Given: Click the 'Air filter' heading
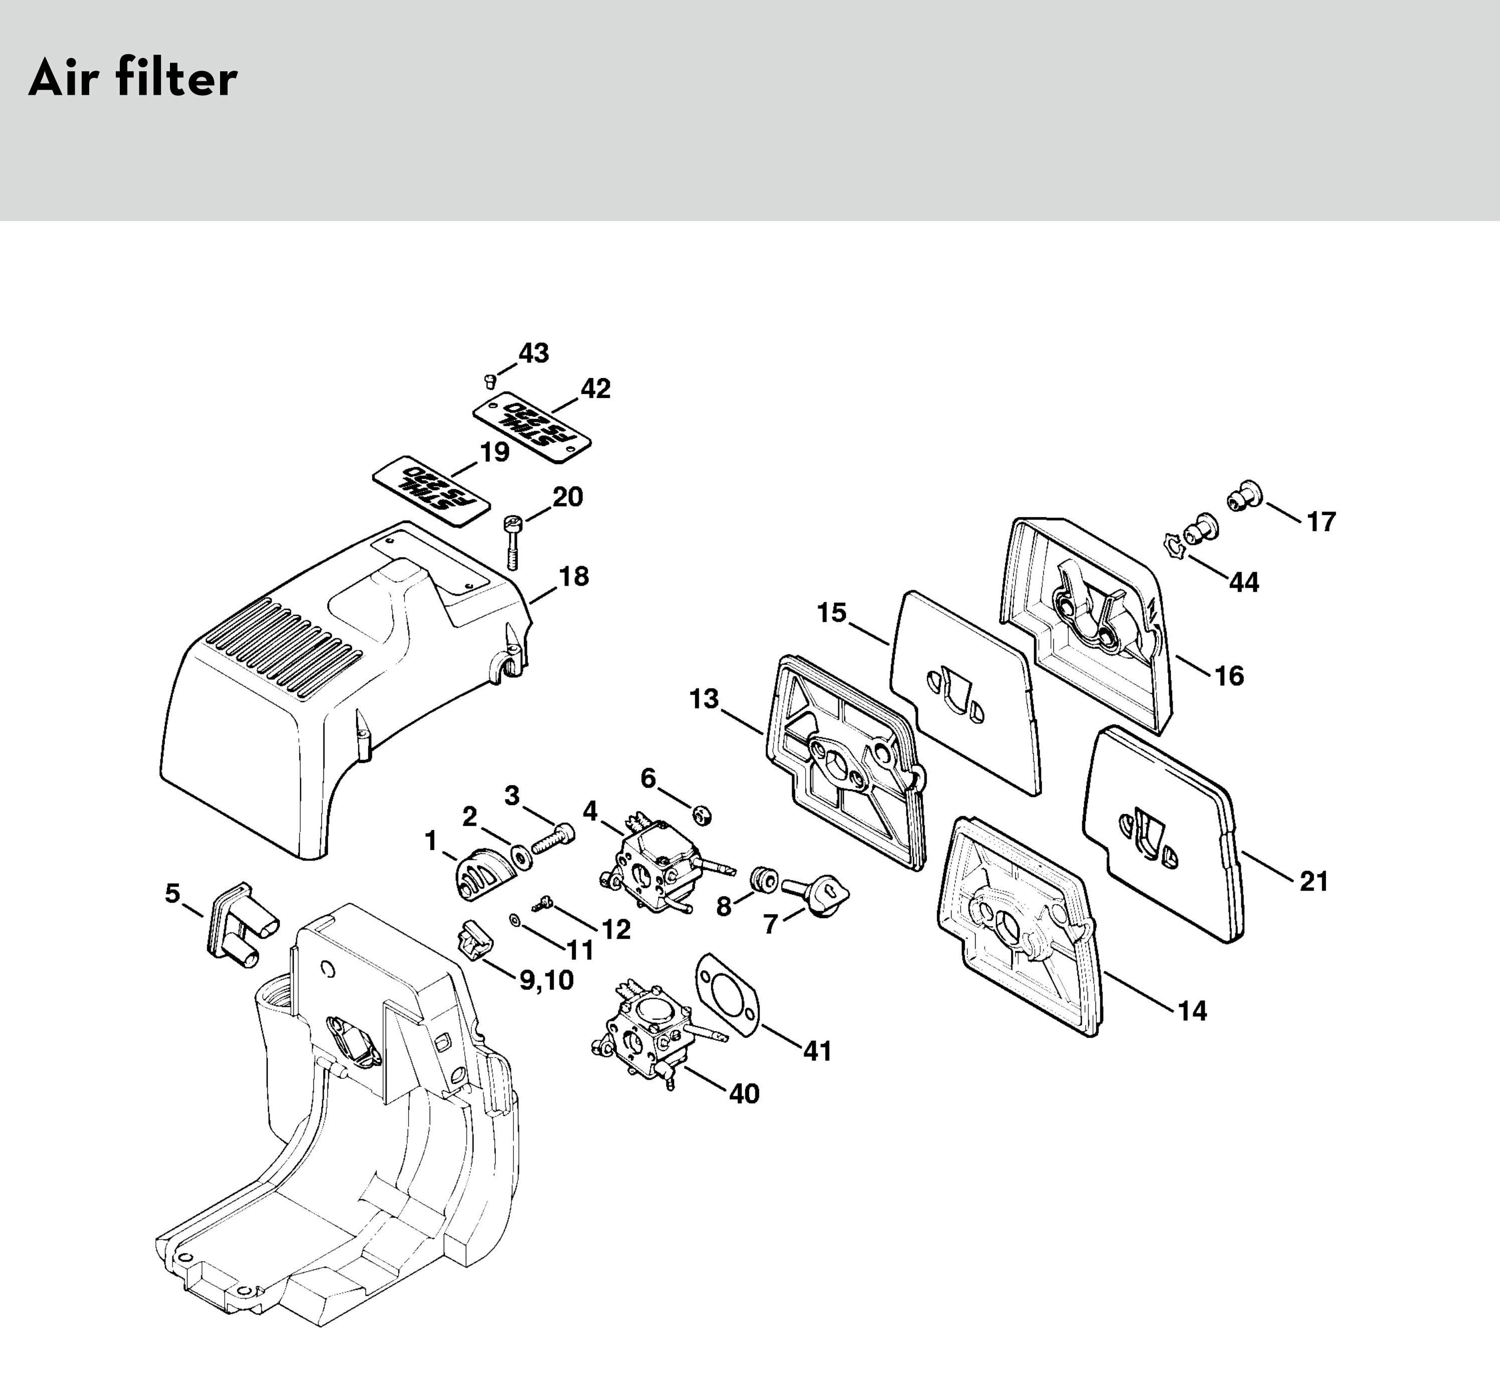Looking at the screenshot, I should [x=133, y=79].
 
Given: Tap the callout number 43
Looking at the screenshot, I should [x=533, y=353].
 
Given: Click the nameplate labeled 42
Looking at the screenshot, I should [x=531, y=427].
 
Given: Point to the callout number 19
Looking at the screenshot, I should [x=494, y=452].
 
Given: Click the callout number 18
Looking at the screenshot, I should [x=574, y=577].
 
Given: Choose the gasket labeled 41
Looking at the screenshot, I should [x=727, y=992].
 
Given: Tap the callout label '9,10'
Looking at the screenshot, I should [x=546, y=980].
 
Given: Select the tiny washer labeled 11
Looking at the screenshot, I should [x=514, y=920].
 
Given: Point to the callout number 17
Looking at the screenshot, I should [x=1321, y=521].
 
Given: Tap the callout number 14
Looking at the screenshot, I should [x=1192, y=1010].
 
